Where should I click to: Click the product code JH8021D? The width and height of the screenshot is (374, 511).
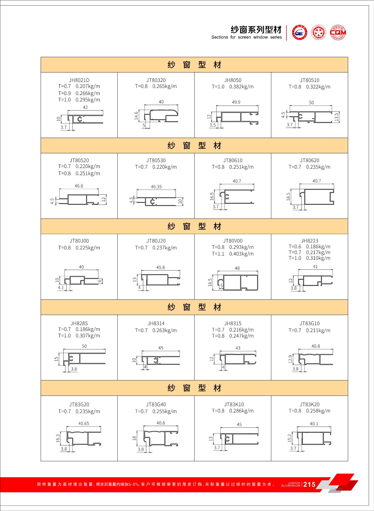click(79, 80)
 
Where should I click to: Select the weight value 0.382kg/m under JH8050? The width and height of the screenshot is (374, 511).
click(241, 87)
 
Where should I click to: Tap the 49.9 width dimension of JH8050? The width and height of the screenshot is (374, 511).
click(236, 102)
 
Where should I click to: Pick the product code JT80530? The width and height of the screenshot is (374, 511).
click(156, 160)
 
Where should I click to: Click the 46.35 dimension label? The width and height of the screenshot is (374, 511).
click(156, 187)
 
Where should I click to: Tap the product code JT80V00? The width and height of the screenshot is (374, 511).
click(233, 241)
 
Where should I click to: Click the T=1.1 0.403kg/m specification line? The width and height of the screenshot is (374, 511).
click(233, 254)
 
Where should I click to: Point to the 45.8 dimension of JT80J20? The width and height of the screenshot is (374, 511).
click(161, 267)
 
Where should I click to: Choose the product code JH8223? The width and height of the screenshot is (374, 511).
click(309, 241)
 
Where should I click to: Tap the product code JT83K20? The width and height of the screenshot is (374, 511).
click(309, 404)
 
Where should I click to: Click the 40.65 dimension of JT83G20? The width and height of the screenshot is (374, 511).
click(84, 424)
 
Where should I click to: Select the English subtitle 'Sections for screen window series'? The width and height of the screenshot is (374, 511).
click(246, 37)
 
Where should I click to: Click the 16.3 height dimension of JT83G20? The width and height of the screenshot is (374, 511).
click(58, 438)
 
